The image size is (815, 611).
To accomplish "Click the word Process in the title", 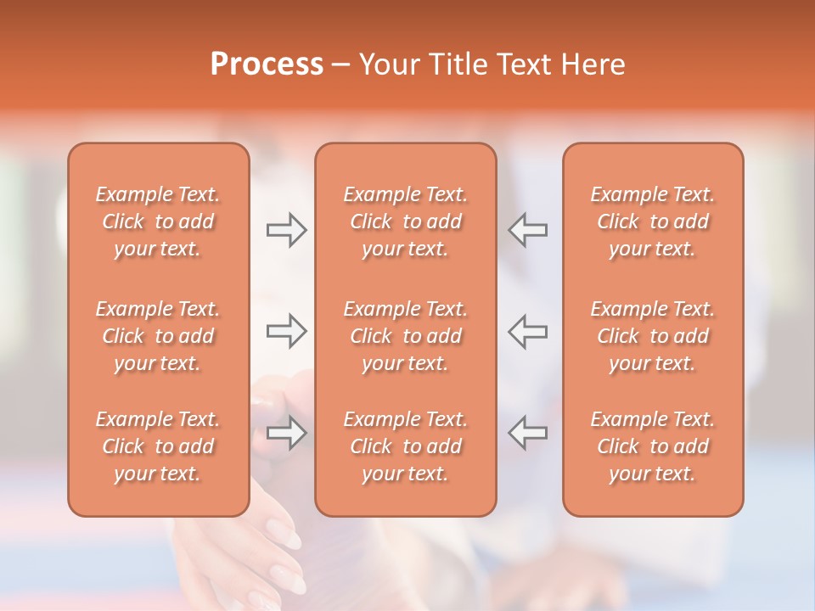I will [x=267, y=64].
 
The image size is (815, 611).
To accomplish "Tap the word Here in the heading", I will [x=592, y=64].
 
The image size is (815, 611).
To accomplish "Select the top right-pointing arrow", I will [x=286, y=230].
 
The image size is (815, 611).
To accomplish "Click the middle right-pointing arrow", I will [x=286, y=331].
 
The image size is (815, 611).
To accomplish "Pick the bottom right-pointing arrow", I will [x=286, y=432].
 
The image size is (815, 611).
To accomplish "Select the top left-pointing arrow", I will [x=528, y=230].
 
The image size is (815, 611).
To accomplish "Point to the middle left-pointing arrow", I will [x=528, y=331].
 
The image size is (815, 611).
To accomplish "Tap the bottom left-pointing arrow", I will [x=528, y=432].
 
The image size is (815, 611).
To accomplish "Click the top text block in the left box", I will [x=158, y=221].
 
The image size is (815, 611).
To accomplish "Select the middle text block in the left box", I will [x=158, y=336].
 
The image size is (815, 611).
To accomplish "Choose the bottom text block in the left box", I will [x=158, y=446].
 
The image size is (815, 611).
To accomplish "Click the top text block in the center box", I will [x=405, y=221].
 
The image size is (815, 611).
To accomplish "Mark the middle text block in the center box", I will [x=405, y=336].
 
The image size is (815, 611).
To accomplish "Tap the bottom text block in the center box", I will [x=405, y=446].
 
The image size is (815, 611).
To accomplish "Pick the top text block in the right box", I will [x=652, y=221].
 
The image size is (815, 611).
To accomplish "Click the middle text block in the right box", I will [x=652, y=336].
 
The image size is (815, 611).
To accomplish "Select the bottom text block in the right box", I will [x=652, y=446].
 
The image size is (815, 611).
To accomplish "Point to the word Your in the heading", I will [x=389, y=64].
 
